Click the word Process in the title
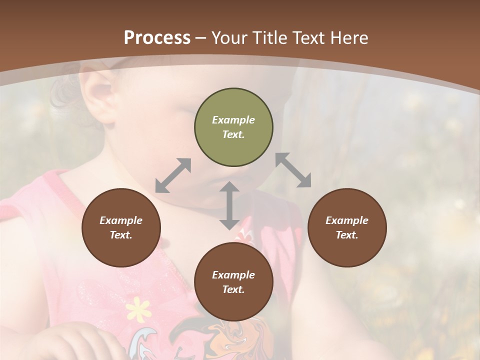[157, 38]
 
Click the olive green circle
[233, 127]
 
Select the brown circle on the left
[121, 227]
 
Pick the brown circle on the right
[346, 227]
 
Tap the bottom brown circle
[233, 282]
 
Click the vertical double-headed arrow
[229, 205]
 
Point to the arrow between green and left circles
[173, 175]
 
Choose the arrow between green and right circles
[293, 170]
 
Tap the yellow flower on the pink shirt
[137, 308]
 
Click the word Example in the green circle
[233, 120]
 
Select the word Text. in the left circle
[121, 235]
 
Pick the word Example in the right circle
[346, 220]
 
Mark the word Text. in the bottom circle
[233, 289]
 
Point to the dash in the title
[201, 38]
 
